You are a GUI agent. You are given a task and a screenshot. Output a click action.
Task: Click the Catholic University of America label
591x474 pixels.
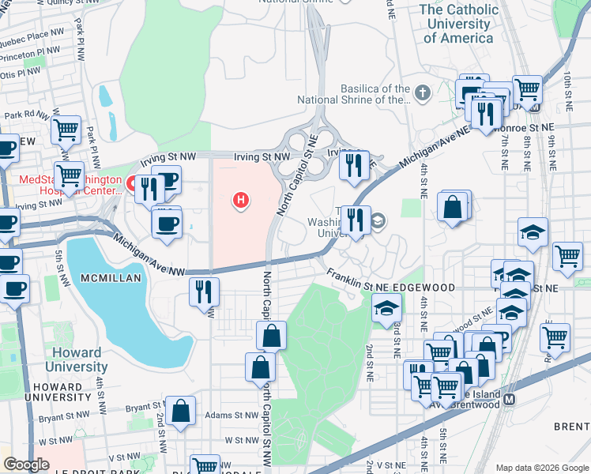pyautogui.click(x=459, y=23)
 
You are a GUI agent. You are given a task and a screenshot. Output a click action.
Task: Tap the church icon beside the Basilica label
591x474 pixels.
pyautogui.click(x=423, y=94)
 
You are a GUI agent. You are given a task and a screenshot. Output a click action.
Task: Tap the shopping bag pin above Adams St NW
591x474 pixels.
pyautogui.click(x=181, y=411)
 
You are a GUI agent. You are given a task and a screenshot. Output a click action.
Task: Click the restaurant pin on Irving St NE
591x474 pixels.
pyautogui.click(x=352, y=165)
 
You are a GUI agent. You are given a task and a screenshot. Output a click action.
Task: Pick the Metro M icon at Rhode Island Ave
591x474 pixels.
pyautogui.click(x=509, y=399)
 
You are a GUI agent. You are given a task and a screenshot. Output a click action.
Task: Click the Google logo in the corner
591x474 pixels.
pyautogui.click(x=26, y=465)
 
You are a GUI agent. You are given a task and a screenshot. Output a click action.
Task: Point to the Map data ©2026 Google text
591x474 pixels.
pyautogui.click(x=541, y=468)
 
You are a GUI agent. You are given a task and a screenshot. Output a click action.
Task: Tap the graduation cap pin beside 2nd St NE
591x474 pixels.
pyautogui.click(x=386, y=308)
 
